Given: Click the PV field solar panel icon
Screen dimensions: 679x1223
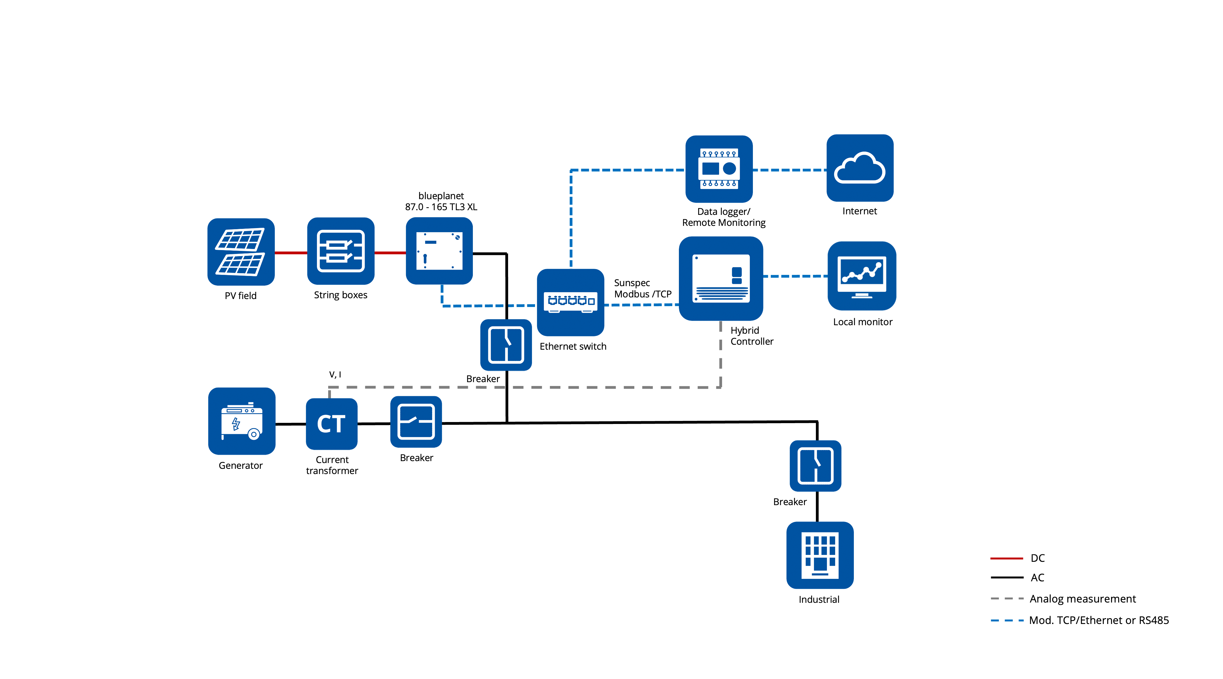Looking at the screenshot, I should [241, 252].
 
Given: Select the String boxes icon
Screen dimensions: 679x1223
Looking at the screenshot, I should [340, 251].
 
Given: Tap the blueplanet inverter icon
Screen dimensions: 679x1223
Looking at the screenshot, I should [439, 251].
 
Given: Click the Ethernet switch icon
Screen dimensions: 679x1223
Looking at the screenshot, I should [570, 302].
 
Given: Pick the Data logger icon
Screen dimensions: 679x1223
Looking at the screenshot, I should [719, 169].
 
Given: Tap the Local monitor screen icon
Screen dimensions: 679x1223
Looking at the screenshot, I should [862, 276].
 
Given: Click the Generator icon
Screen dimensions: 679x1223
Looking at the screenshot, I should [242, 421].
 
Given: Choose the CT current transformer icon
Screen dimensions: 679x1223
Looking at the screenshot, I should [331, 423].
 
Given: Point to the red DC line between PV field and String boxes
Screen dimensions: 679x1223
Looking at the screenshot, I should [290, 253].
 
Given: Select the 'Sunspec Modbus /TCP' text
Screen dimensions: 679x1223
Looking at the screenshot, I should [642, 288].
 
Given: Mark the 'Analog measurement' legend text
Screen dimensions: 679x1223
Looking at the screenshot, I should [1082, 599].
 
